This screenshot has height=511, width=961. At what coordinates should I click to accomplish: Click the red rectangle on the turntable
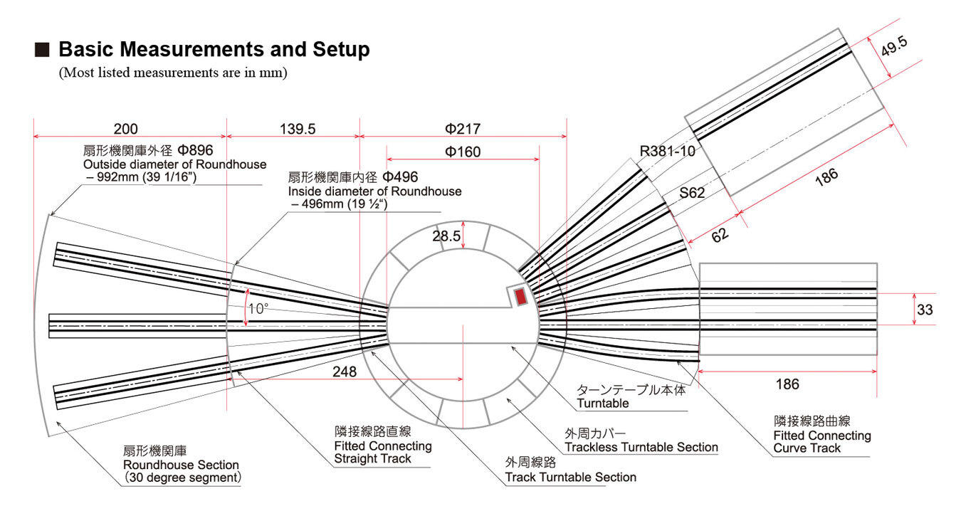point(520,295)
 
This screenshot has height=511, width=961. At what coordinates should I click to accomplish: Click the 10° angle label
point(257,309)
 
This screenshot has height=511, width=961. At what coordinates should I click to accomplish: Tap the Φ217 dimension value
point(463,129)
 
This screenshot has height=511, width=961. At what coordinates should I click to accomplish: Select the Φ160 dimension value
point(463,152)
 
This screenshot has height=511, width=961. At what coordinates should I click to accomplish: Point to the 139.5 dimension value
point(293,129)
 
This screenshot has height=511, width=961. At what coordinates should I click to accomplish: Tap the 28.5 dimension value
point(446,236)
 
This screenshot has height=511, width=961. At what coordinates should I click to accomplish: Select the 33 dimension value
point(924,310)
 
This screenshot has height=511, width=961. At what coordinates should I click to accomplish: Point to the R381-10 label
point(667,151)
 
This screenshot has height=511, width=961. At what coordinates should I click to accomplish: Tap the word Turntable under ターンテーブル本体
point(603,403)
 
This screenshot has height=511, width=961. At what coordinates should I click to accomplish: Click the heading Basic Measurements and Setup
point(214,50)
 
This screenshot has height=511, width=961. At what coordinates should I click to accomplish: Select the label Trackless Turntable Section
point(641,447)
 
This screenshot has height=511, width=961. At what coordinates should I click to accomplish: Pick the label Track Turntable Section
point(570,477)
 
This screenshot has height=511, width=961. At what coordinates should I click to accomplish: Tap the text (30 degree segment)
point(182,478)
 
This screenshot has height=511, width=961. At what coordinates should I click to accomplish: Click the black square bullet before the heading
point(42,51)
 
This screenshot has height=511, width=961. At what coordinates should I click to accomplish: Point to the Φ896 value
point(196,151)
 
